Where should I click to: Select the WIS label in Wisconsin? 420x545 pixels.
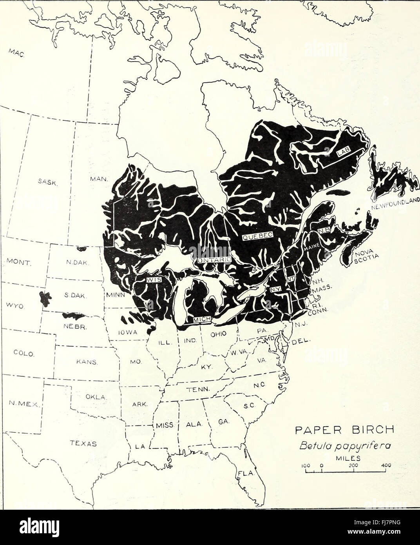152,280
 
